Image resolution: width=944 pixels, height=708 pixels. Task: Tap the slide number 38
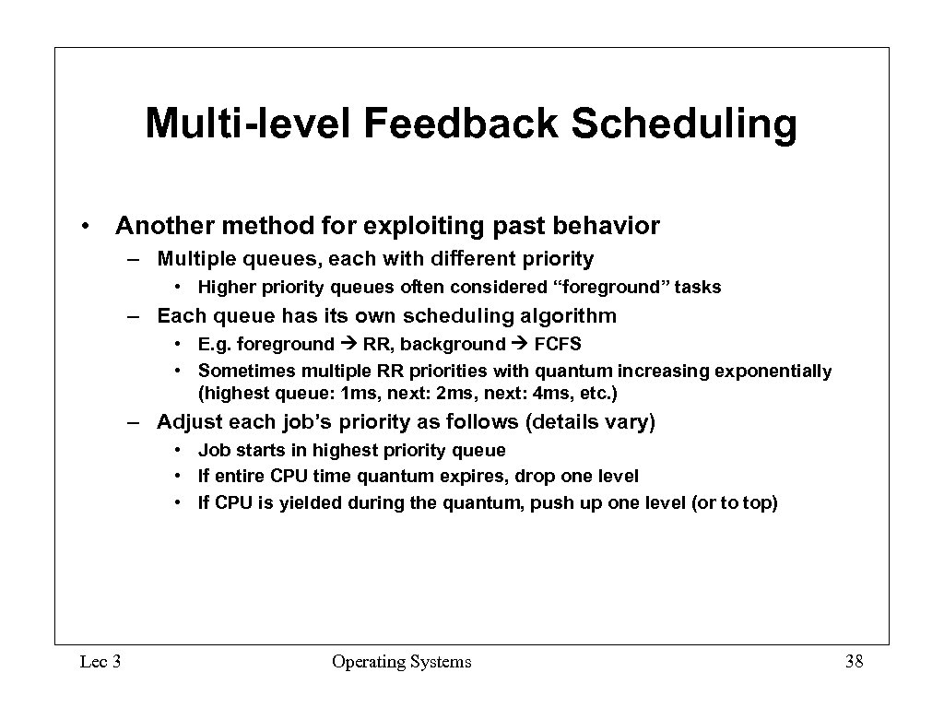pyautogui.click(x=853, y=661)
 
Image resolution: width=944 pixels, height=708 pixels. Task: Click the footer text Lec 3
pyautogui.click(x=100, y=661)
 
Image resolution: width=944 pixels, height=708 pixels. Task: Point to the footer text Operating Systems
pyautogui.click(x=401, y=661)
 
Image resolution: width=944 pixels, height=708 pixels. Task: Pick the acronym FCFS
pyautogui.click(x=558, y=344)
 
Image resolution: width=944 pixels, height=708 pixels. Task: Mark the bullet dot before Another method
pyautogui.click(x=84, y=227)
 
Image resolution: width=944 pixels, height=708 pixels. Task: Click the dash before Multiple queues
pyautogui.click(x=134, y=259)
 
